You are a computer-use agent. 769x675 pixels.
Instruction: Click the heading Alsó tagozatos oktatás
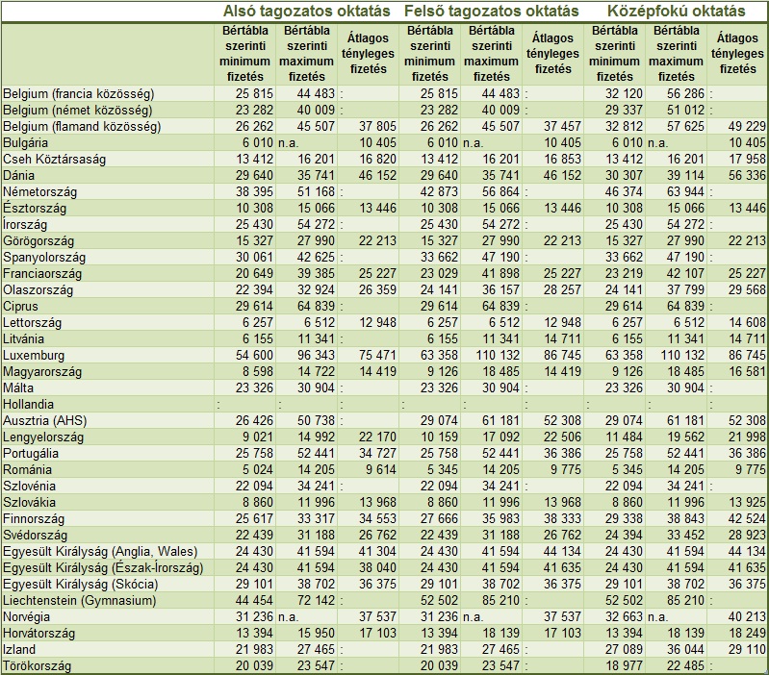(305, 12)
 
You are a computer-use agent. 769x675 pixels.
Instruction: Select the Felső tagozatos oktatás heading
(492, 12)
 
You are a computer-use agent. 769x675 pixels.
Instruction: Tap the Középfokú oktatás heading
(677, 12)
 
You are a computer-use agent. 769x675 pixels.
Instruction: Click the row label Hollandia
(29, 404)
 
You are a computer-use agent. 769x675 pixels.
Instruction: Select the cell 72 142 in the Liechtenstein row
(309, 600)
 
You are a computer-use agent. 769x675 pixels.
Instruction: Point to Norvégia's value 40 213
(747, 616)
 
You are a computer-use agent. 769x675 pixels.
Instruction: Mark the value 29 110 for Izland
(747, 649)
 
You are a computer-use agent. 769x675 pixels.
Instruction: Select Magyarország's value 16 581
(747, 371)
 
